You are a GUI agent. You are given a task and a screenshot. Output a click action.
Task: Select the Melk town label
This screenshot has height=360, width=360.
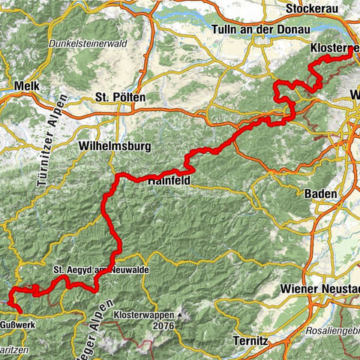[x=26, y=87]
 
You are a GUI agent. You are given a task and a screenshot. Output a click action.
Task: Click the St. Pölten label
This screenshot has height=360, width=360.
[x=121, y=97]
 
